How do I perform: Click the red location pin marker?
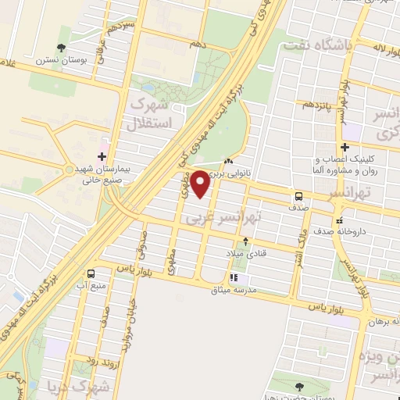coord(201,184)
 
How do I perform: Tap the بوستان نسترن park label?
coord(55,59)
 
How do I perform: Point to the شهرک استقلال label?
coord(148,112)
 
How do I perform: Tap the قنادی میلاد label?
coord(246,253)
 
